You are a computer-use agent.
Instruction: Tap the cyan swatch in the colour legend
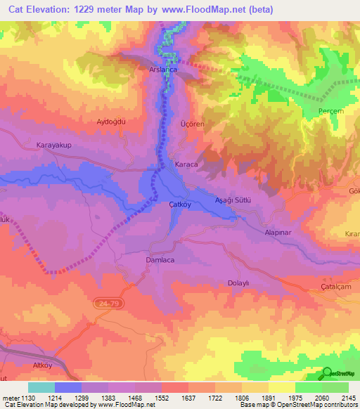tap(41, 387)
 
